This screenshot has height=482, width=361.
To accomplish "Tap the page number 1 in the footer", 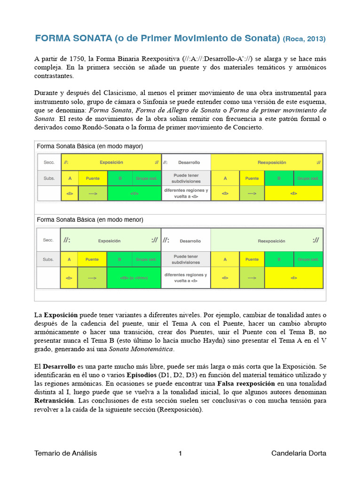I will click(180, 453).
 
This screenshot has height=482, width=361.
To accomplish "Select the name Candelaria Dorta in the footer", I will click(298, 453).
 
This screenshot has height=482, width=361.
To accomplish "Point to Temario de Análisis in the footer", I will click(65, 453).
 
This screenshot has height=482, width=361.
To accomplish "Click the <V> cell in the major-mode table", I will click(134, 193).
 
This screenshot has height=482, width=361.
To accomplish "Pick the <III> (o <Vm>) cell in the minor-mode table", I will click(134, 278).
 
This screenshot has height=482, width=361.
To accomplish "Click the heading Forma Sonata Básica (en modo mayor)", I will click(90, 146).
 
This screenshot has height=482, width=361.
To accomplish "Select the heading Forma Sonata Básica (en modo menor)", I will click(90, 220).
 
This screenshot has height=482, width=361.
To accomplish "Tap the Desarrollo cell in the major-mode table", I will click(188, 162).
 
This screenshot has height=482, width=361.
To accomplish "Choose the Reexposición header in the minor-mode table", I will click(271, 241).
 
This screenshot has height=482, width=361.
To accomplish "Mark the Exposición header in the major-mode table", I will click(111, 162).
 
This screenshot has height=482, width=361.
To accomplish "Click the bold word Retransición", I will click(54, 401).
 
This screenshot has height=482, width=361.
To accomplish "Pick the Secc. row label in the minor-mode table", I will click(48, 240).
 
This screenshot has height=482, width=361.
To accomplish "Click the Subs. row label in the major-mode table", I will click(48, 179).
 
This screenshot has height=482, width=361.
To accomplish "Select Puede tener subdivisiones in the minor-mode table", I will click(186, 259).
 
